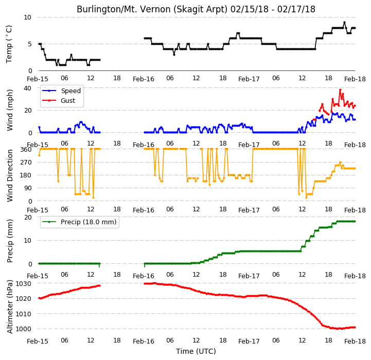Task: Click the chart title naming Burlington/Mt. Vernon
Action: coord(196,9)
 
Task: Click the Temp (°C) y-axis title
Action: coord(9,44)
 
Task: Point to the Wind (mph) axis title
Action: coord(10,110)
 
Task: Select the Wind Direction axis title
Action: coord(10,175)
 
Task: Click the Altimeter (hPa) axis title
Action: coord(10,307)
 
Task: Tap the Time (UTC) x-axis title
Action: coord(196,351)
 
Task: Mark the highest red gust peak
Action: coord(340,90)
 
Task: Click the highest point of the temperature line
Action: coord(344,23)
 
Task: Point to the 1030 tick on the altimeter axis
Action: coord(23,283)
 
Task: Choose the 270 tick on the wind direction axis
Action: coord(27,163)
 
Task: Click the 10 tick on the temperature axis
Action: coord(27,17)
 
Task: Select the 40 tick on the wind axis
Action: coord(27,88)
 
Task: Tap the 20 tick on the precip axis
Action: coord(28,217)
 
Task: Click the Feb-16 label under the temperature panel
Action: coord(144,79)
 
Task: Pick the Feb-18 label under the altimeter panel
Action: coord(355,341)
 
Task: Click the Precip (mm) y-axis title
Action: coord(10,241)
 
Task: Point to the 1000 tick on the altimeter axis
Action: coord(23,329)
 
